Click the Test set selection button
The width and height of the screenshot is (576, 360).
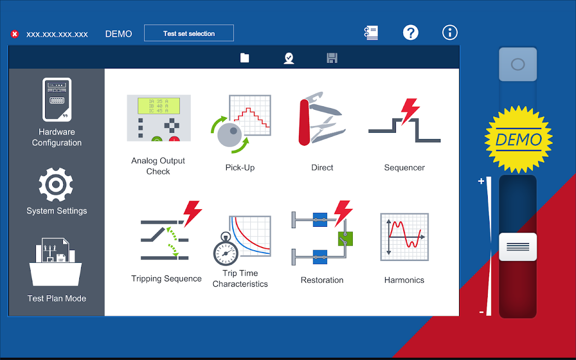(x=189, y=33)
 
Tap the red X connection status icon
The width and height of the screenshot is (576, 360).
(x=15, y=34)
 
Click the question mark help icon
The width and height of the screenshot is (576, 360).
(x=410, y=33)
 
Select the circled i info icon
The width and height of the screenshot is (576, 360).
(x=450, y=33)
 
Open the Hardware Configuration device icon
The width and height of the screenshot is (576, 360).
(x=57, y=99)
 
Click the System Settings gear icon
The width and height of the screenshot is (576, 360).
(x=56, y=184)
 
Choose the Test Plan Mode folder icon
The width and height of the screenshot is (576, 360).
(x=55, y=262)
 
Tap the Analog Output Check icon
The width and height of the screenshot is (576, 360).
(x=159, y=118)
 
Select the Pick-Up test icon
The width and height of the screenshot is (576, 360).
(x=241, y=124)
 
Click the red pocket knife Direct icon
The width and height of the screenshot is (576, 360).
(x=322, y=119)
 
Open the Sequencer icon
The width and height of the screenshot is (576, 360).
(x=405, y=120)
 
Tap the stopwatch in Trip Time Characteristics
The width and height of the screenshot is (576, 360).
(x=225, y=249)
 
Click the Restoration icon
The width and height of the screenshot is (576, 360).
(x=322, y=233)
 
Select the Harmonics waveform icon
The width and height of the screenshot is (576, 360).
(x=405, y=237)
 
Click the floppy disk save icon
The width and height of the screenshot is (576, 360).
(x=332, y=58)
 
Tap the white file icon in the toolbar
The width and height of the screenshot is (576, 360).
(x=244, y=58)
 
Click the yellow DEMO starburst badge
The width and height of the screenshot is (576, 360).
(x=518, y=139)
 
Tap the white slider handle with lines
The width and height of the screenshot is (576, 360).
(x=518, y=247)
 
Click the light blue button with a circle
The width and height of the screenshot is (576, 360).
(x=518, y=64)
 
